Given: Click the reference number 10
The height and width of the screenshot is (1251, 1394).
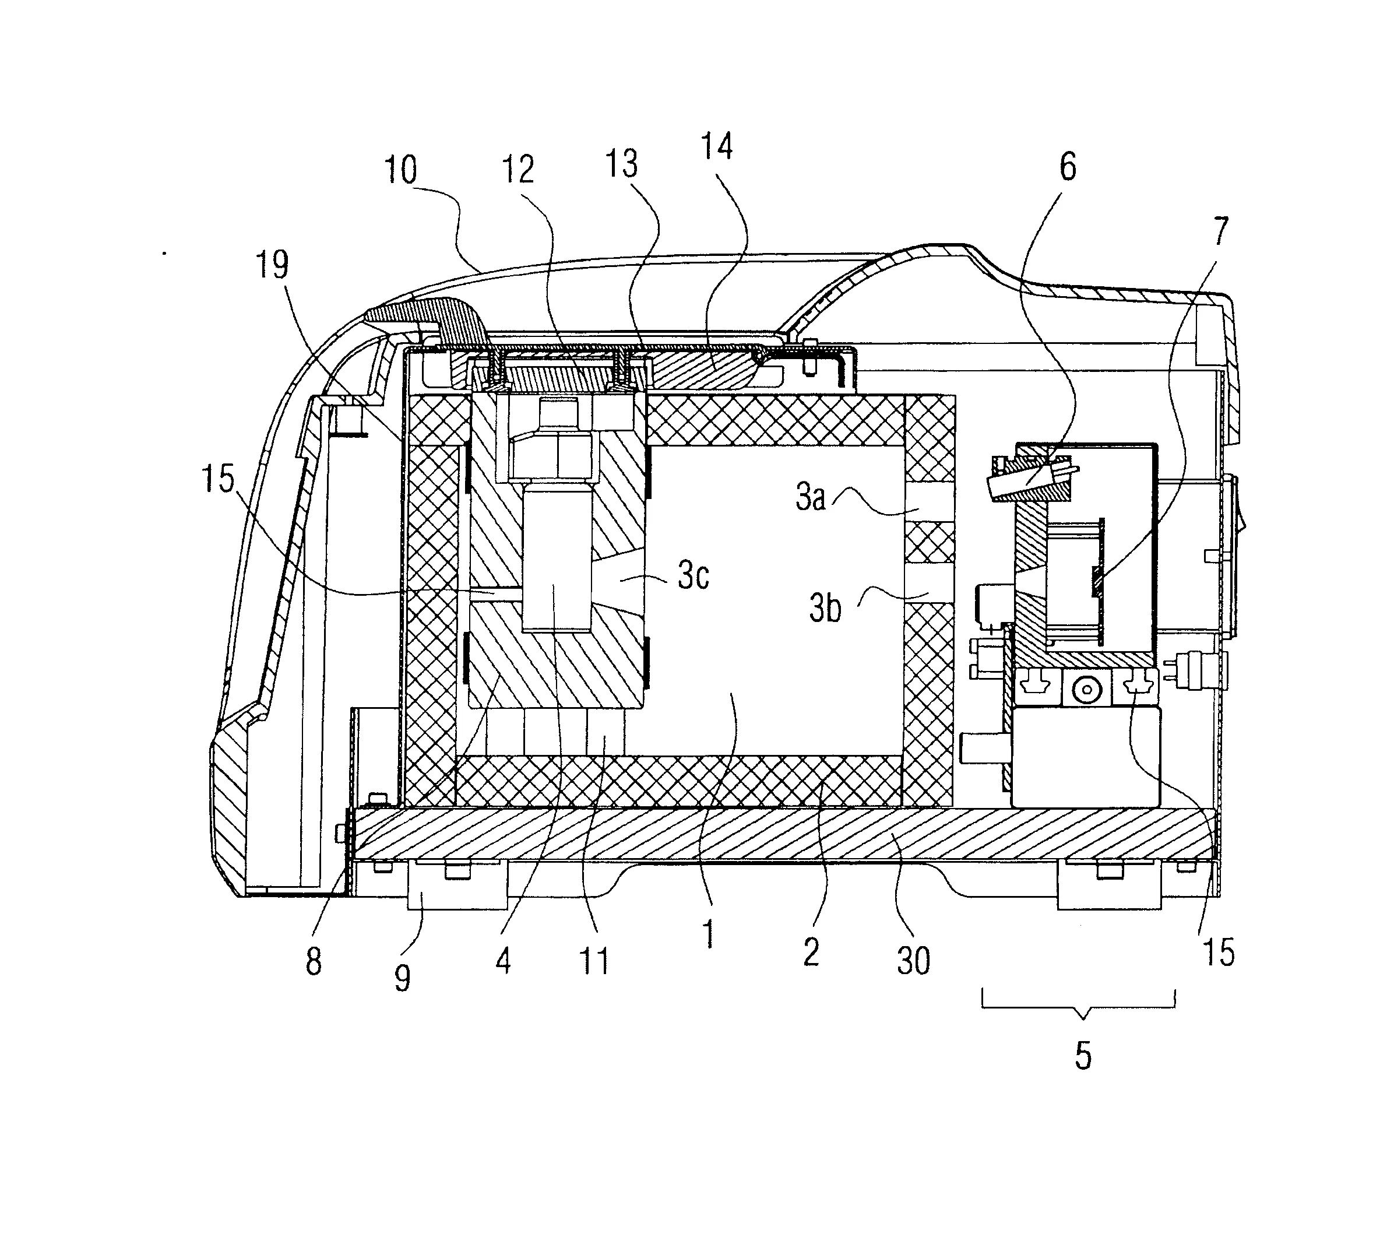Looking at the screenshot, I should coord(400,170).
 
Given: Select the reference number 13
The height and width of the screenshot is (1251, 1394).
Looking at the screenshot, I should coord(621,164).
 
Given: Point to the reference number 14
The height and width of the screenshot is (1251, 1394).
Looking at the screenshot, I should coord(717,147).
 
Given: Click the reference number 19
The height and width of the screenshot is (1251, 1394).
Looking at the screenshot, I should coord(273,265).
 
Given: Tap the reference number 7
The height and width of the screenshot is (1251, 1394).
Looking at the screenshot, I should coord(1220,231).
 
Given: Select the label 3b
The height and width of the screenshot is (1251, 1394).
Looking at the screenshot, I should coord(825,609).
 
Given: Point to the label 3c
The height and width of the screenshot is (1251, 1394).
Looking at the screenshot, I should coord(692,576).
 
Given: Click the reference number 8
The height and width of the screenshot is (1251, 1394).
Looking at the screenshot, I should coord(314,962).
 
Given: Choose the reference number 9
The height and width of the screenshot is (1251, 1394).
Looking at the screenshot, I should coord(402,978).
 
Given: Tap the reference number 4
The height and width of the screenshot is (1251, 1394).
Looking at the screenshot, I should coord(503,961).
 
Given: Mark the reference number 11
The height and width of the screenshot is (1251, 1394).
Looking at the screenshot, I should coord(594,961).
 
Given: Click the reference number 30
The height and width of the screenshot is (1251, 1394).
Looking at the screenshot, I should coord(914,960).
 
